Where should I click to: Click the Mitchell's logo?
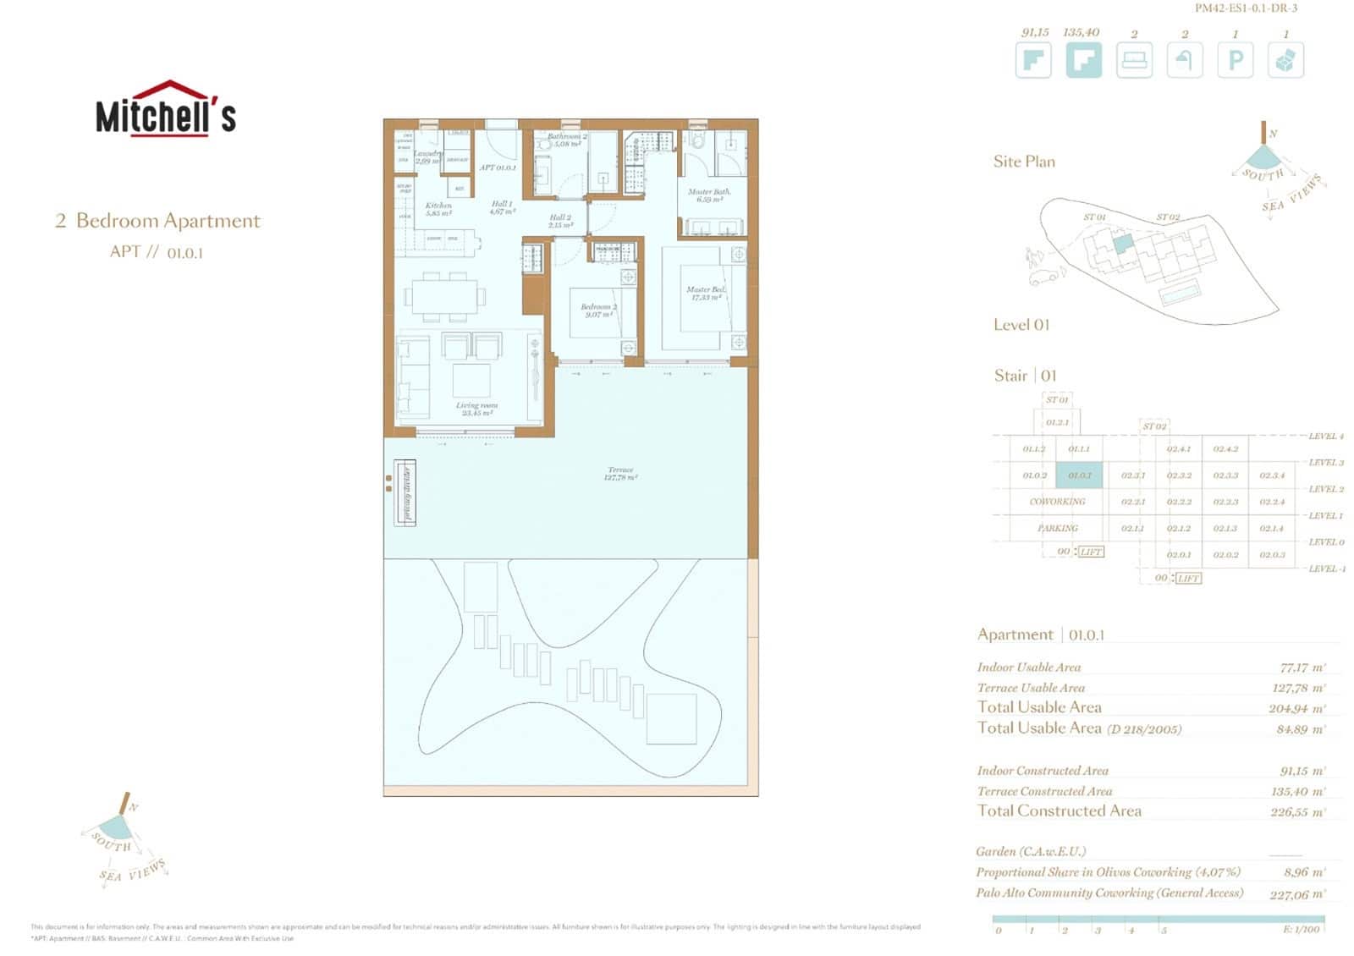pyautogui.click(x=166, y=109)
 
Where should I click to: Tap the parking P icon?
pyautogui.click(x=1235, y=60)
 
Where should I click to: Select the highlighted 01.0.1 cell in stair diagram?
pyautogui.click(x=1079, y=475)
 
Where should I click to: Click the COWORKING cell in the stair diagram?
pyautogui.click(x=1057, y=502)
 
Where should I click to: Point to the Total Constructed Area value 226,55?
pyautogui.click(x=1297, y=812)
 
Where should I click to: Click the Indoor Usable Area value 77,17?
pyautogui.click(x=1302, y=668)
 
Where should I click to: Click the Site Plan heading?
pyautogui.click(x=1024, y=162)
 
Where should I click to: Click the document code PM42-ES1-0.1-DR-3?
pyautogui.click(x=1246, y=8)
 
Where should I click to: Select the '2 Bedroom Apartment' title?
pyautogui.click(x=158, y=221)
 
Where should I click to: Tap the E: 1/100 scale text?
pyautogui.click(x=1301, y=930)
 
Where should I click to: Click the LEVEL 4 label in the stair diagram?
pyautogui.click(x=1325, y=437)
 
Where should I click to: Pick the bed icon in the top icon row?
pyautogui.click(x=1134, y=61)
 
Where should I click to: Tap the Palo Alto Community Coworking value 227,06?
pyautogui.click(x=1297, y=894)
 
